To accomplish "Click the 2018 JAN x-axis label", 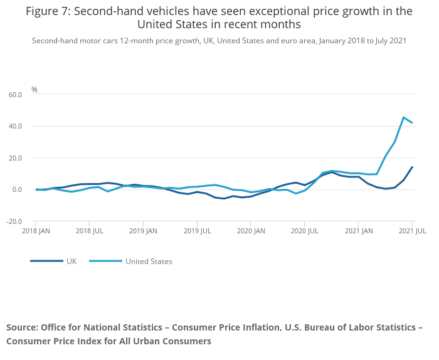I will click(x=36, y=231).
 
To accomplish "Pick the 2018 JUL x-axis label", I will click(x=90, y=231).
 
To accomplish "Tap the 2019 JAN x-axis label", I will click(x=144, y=231).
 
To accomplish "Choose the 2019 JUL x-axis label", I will click(x=197, y=231).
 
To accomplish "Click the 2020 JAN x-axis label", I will click(x=251, y=231).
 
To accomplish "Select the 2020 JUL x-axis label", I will click(x=304, y=231).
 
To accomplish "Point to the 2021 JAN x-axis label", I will click(x=358, y=231).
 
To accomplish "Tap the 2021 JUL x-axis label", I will click(x=412, y=231).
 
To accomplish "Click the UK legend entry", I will click(x=71, y=261).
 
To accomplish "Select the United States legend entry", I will click(x=149, y=261).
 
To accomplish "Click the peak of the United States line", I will click(x=403, y=117).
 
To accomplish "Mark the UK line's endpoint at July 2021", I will click(x=412, y=167).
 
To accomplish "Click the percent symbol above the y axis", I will click(x=34, y=90).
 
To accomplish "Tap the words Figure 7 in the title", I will click(x=48, y=11).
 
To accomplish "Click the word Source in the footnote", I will click(x=22, y=327).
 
